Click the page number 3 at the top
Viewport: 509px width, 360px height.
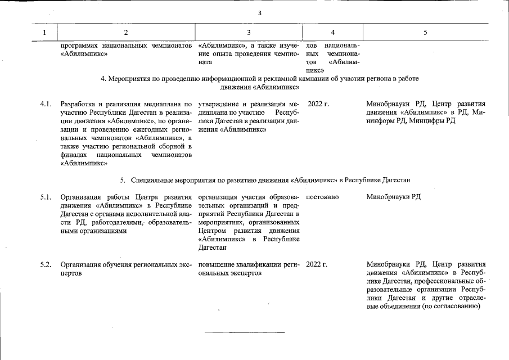click(x=259, y=13)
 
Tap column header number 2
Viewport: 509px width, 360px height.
click(x=125, y=33)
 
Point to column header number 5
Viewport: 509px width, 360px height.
click(x=425, y=33)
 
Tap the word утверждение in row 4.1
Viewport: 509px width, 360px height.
click(x=219, y=104)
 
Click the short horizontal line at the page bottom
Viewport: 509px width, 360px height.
click(x=245, y=332)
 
